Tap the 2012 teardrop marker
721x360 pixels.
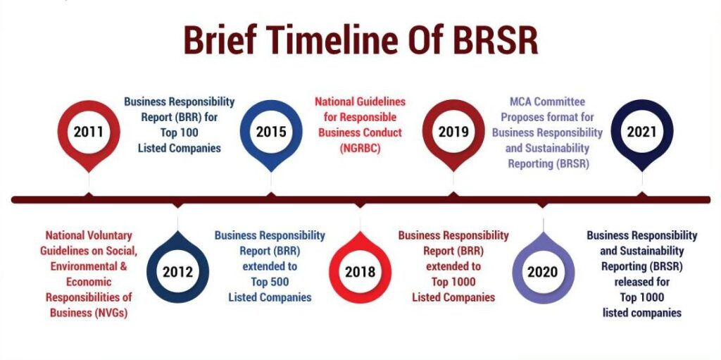click(178, 269)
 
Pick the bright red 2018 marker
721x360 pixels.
click(360, 269)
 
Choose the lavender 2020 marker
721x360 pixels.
click(543, 269)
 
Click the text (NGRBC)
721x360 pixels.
click(360, 148)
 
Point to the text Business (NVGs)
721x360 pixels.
click(89, 312)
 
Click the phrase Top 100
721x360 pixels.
click(180, 132)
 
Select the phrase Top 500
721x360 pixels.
click(270, 281)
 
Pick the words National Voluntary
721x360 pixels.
click(89, 235)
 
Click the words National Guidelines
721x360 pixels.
click(360, 101)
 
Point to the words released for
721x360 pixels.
click(642, 281)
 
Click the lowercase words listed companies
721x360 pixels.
click(642, 313)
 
